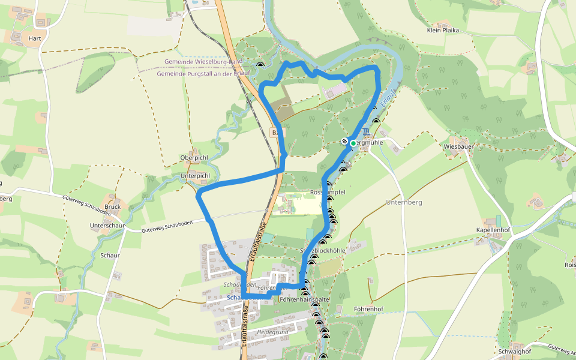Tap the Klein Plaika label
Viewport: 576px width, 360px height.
442,30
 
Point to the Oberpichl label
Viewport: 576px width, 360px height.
194,158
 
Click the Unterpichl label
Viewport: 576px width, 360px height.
195,176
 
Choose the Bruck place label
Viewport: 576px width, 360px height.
113,206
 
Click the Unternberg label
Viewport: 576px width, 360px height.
404,203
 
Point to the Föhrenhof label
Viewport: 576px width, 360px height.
368,310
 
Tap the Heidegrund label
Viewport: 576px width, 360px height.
273,332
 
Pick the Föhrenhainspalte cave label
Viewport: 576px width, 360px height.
305,298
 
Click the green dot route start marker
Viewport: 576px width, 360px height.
353,143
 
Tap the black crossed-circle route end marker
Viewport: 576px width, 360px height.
344,142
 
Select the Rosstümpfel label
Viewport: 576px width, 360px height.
328,192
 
